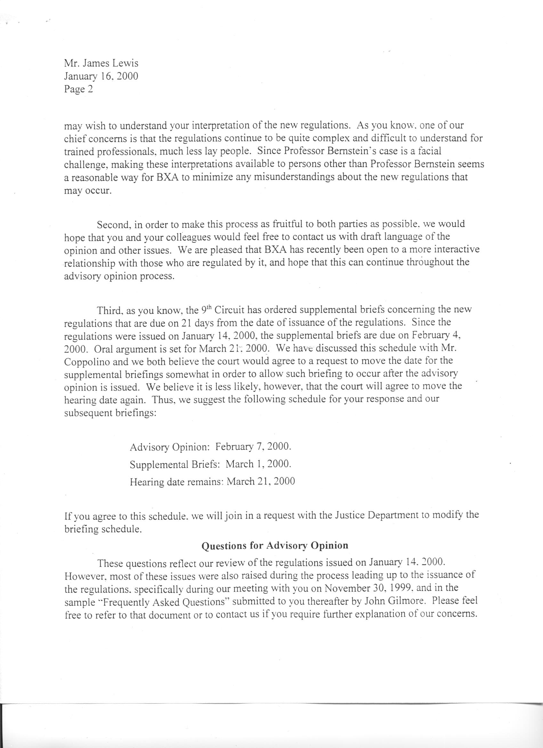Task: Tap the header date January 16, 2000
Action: coord(101,76)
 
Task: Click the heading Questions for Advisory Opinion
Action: coord(275,545)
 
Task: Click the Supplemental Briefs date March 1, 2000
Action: coord(258,464)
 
